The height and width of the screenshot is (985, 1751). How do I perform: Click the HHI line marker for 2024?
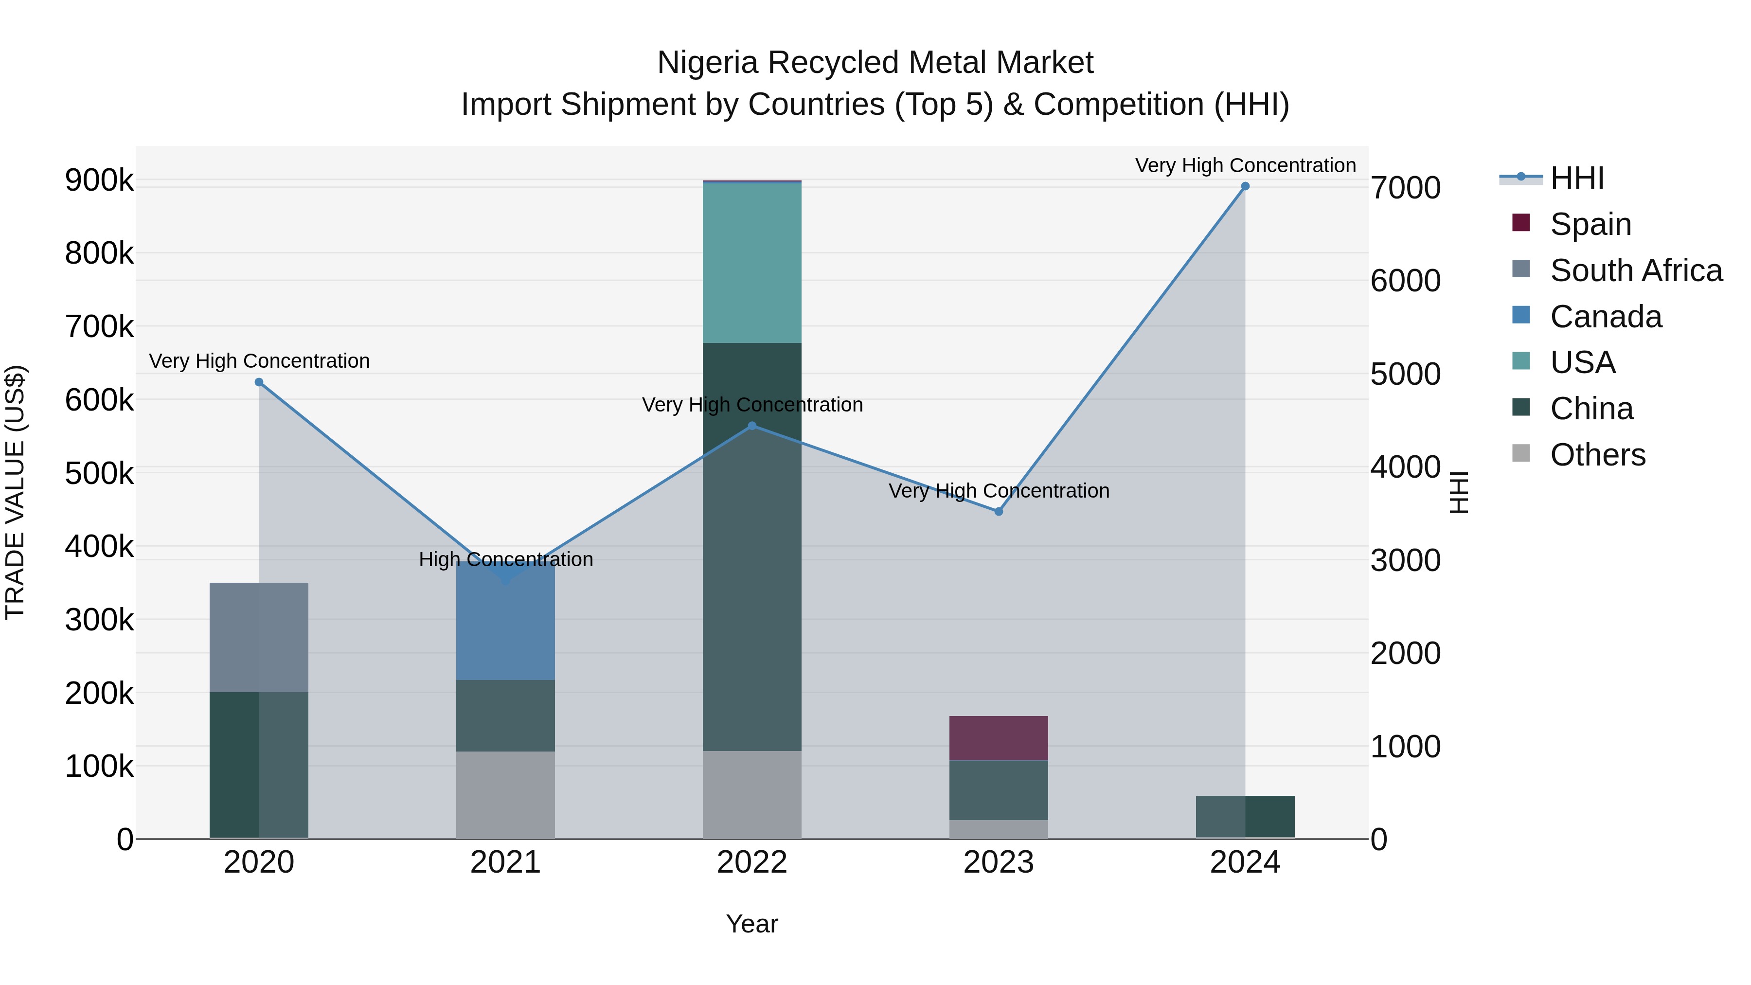pos(1245,186)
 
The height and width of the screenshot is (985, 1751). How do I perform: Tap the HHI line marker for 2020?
pos(259,382)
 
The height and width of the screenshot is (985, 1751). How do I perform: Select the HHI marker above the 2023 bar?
pos(999,511)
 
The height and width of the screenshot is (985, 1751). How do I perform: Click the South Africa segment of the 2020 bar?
pos(259,637)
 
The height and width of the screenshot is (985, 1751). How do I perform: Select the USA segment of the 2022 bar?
pos(752,263)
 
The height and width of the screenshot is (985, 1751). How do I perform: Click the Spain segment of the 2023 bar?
pos(999,737)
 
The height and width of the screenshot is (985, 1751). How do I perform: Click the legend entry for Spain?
pos(1590,224)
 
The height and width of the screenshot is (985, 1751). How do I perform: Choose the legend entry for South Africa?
pos(1635,270)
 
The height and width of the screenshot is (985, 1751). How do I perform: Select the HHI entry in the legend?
pos(1577,178)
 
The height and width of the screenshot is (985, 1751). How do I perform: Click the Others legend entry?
pos(1597,455)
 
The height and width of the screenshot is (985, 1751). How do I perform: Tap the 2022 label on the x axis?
pos(752,862)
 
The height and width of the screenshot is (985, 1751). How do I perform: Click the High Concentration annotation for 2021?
pos(506,559)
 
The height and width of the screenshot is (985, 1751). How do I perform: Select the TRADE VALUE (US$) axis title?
pos(15,492)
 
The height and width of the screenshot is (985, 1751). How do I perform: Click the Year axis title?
pos(752,924)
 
